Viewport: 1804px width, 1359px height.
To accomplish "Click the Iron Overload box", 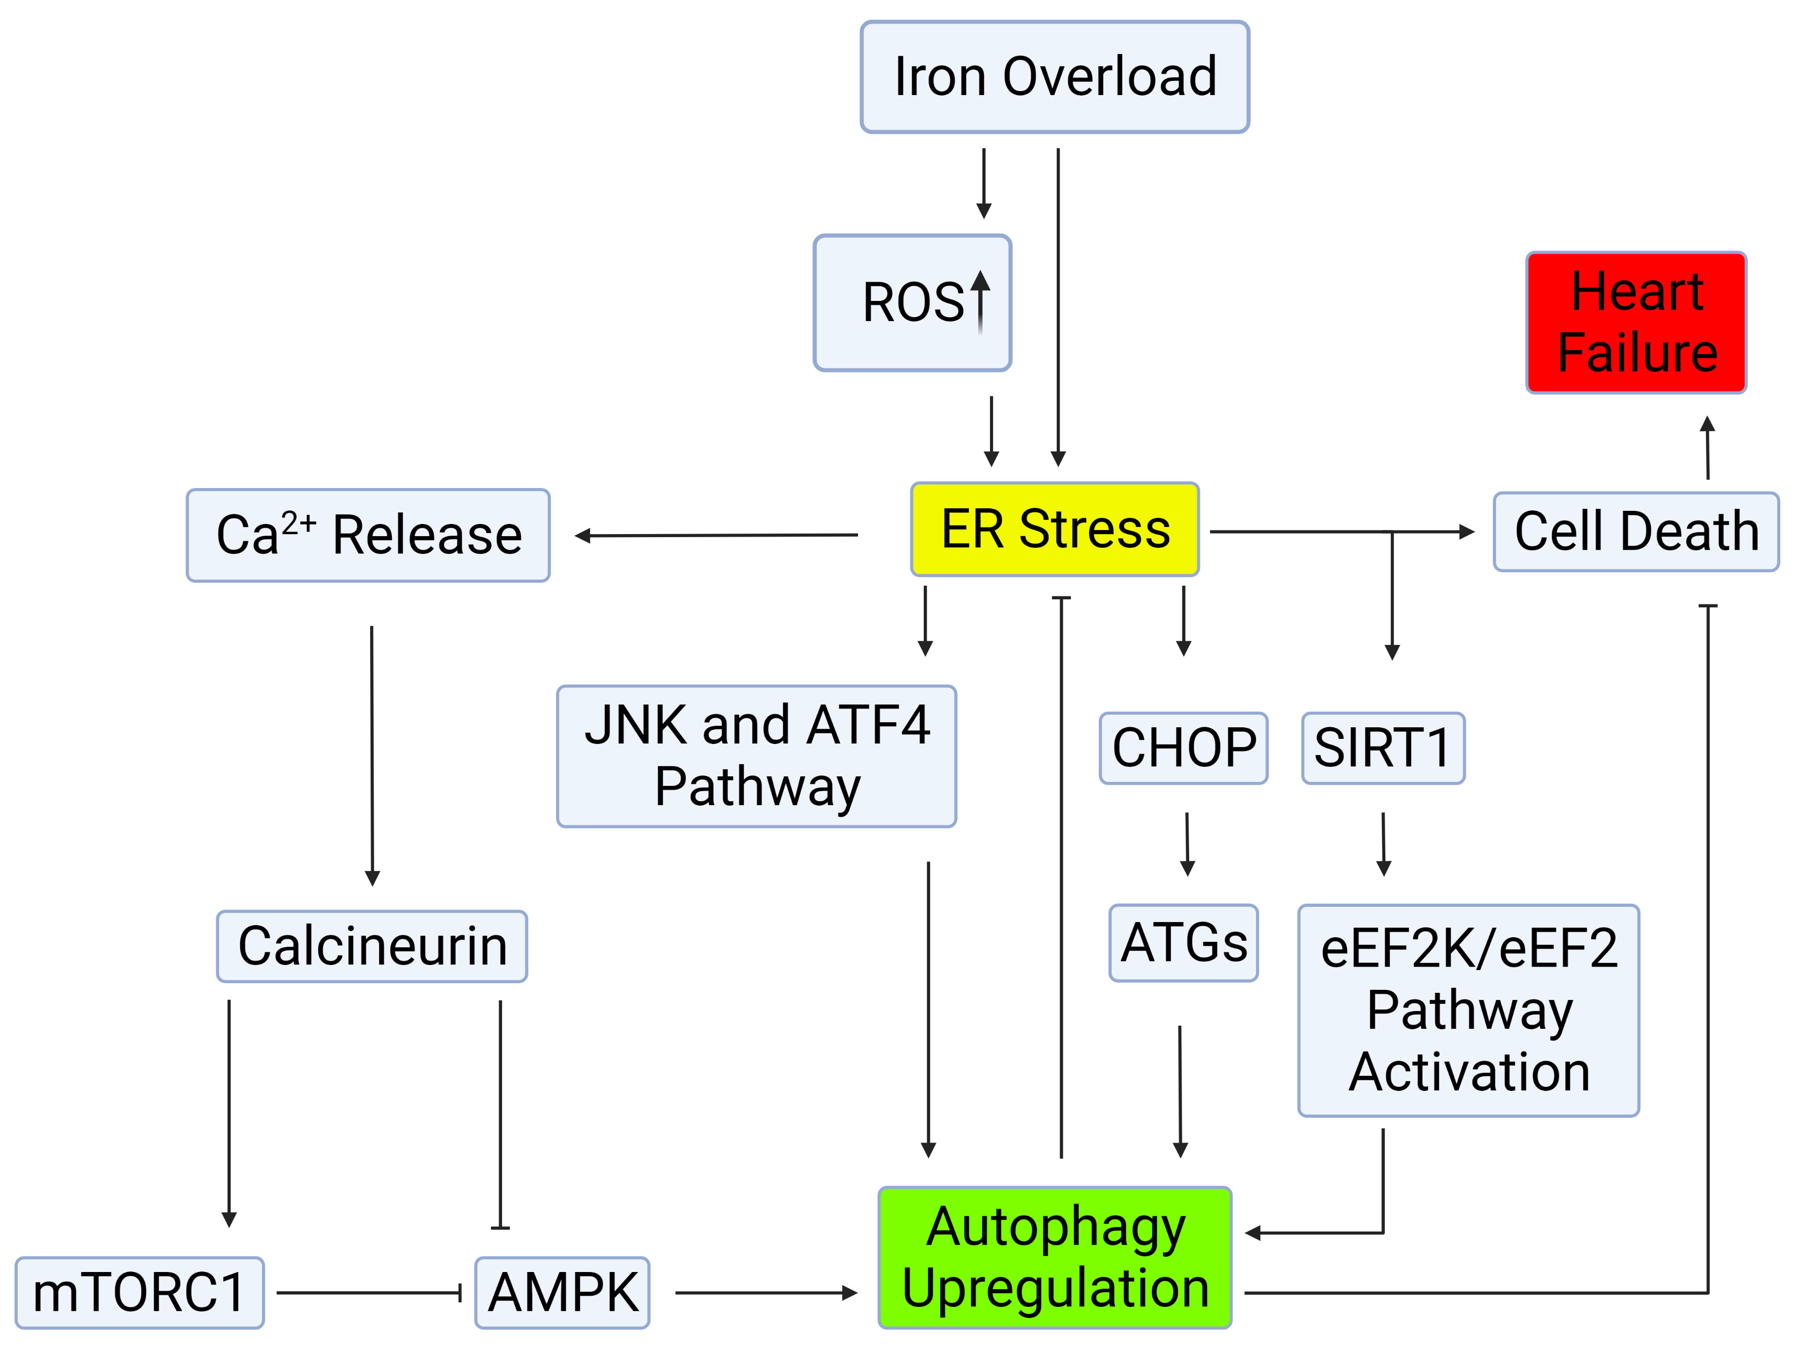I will pyautogui.click(x=1055, y=77).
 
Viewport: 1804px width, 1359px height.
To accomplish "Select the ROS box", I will pyautogui.click(x=912, y=302).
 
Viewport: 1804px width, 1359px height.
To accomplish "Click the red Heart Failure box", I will pyautogui.click(x=1636, y=322).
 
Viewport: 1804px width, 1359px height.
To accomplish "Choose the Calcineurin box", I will pyautogui.click(x=372, y=946).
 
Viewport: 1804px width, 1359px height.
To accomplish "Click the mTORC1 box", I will pyautogui.click(x=140, y=1293).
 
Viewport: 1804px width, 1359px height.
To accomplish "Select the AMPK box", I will pyautogui.click(x=562, y=1293).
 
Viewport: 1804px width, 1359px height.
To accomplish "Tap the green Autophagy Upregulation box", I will pyautogui.click(x=1055, y=1257).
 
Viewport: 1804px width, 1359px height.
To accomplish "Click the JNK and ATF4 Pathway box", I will pyautogui.click(x=756, y=756).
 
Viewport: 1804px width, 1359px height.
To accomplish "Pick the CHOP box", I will pyautogui.click(x=1183, y=748).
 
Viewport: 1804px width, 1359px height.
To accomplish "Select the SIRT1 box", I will pyautogui.click(x=1383, y=748).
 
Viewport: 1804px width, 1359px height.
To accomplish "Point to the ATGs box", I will pyautogui.click(x=1183, y=943).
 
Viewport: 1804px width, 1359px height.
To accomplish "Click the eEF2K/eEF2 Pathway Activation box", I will pyautogui.click(x=1468, y=1010).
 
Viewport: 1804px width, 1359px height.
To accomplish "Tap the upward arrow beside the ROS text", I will pyautogui.click(x=980, y=302).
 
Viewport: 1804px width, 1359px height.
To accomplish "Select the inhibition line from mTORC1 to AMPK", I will pyautogui.click(x=369, y=1293).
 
